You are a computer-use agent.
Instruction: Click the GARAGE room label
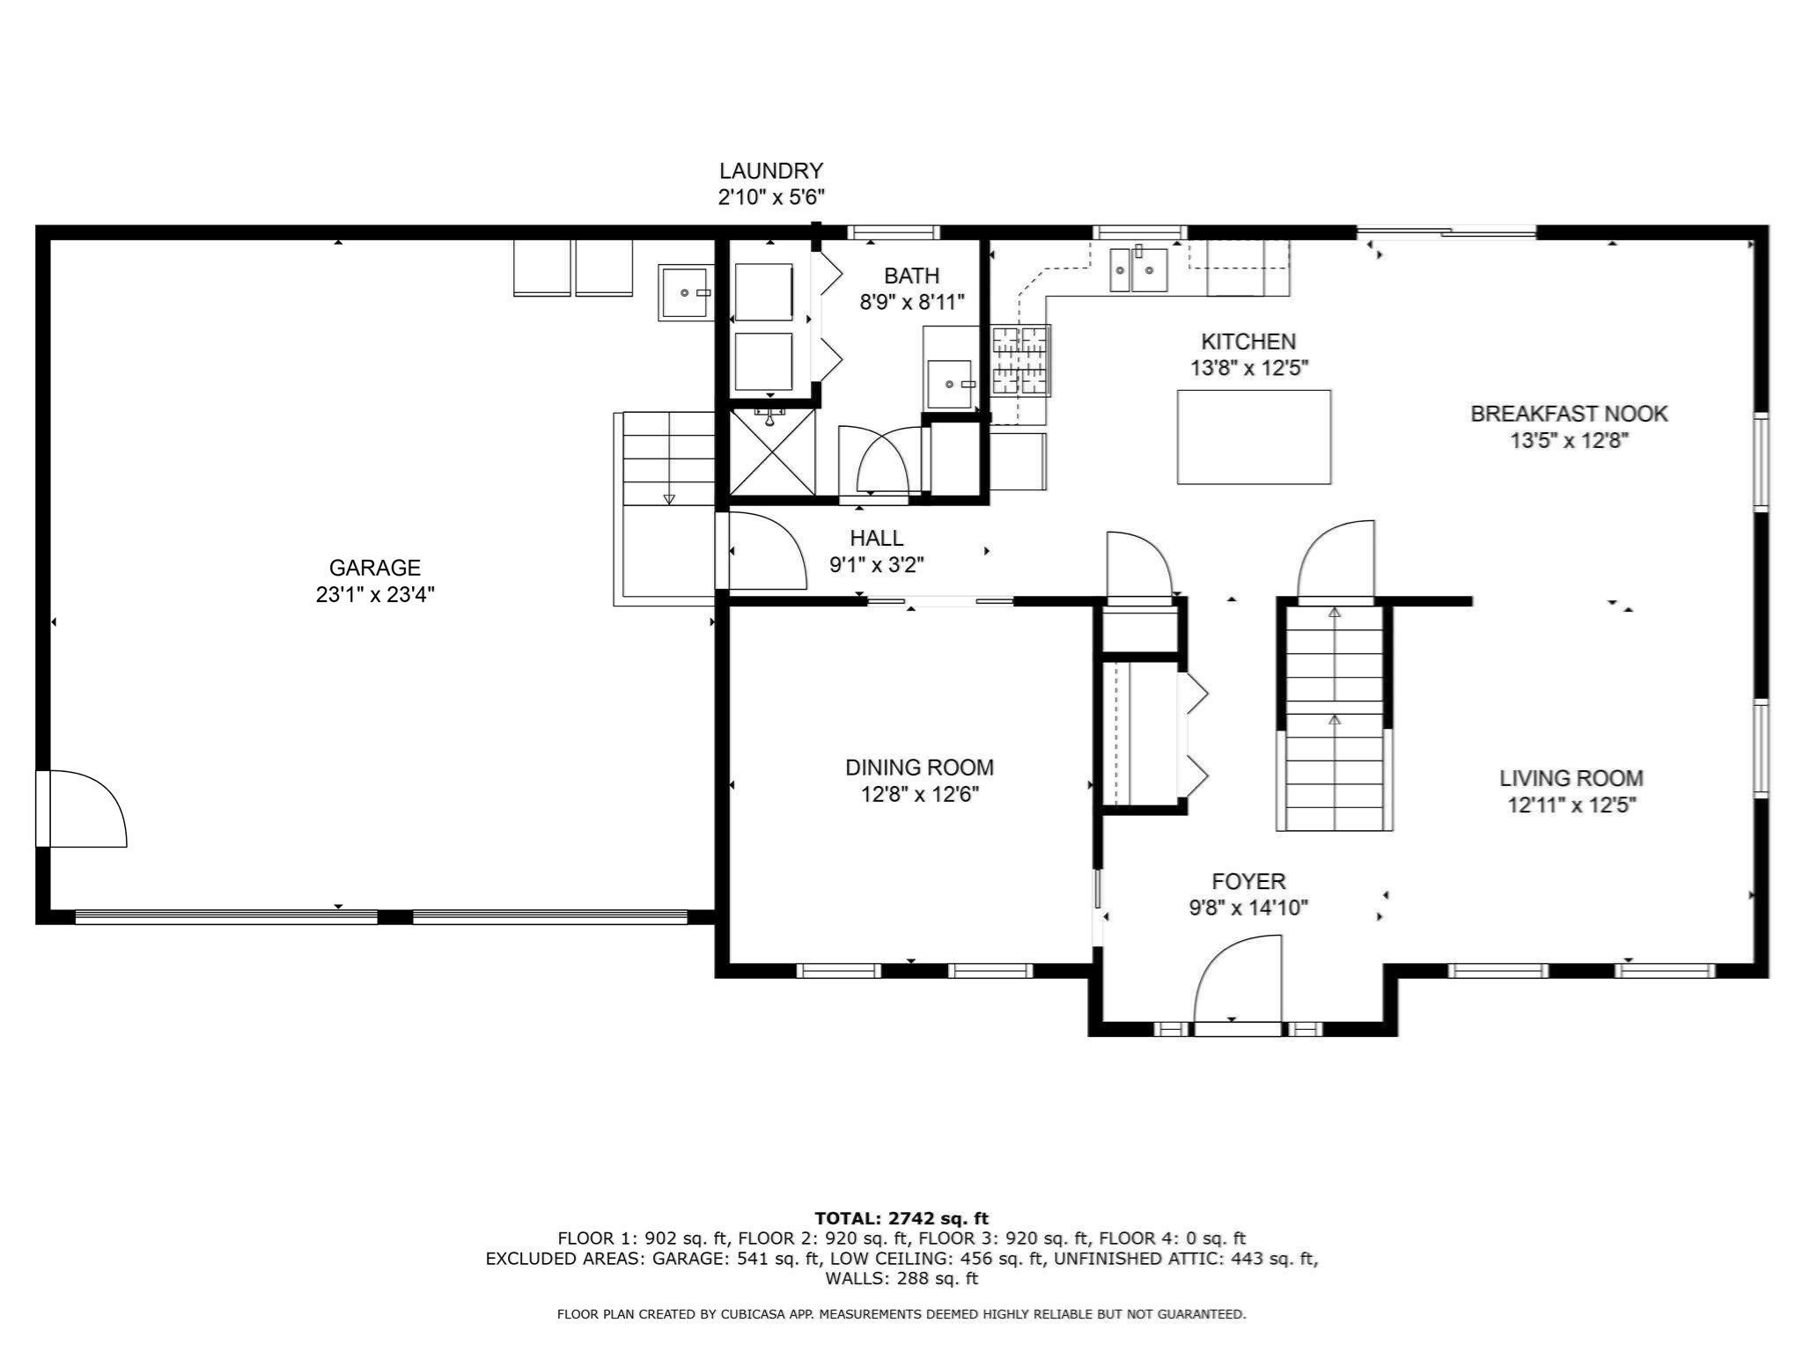375,568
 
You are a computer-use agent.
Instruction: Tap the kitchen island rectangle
1254,437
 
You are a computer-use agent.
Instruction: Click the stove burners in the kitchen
1021,360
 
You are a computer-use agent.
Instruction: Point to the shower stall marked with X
772,452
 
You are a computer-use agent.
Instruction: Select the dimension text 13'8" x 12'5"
1248,369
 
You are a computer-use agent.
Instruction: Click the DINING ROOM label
919,768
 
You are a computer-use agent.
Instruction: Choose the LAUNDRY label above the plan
771,171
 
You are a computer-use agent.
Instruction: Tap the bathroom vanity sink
950,384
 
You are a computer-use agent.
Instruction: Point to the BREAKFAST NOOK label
1569,414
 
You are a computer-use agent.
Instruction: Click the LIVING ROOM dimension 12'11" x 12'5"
1571,805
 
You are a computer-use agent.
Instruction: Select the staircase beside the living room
1335,717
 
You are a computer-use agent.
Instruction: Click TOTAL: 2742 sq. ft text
901,1219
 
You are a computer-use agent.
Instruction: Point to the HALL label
876,538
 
